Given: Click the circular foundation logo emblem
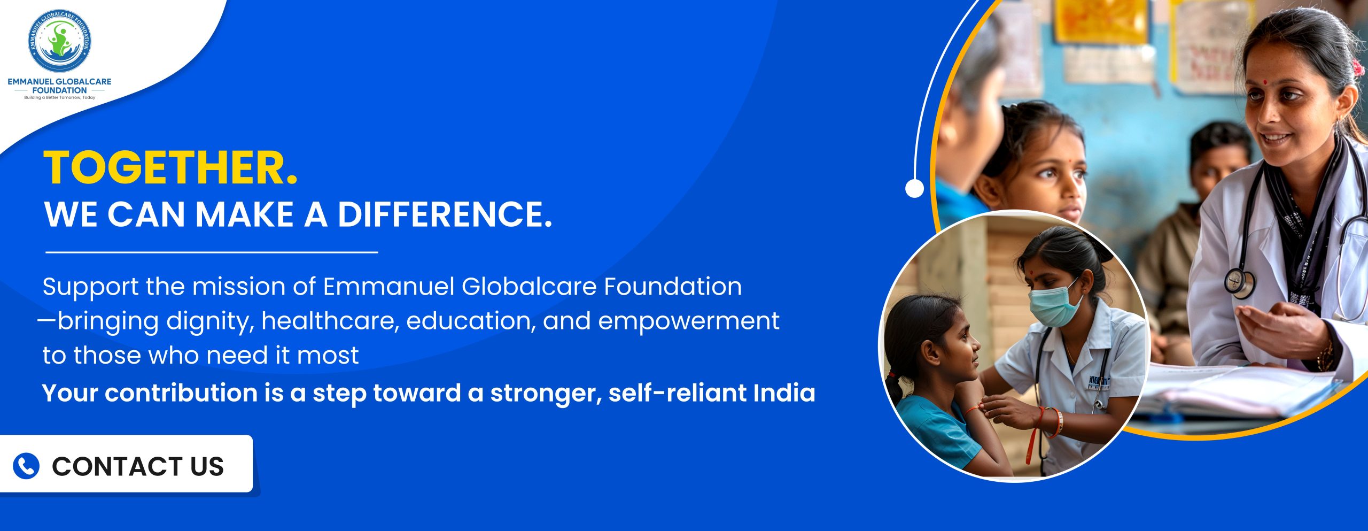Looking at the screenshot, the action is click(59, 41).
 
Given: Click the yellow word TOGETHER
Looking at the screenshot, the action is click(170, 168).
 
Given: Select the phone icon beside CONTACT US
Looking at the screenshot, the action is click(26, 466).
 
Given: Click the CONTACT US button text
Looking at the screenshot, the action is click(138, 466).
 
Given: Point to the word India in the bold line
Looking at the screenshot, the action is click(784, 393).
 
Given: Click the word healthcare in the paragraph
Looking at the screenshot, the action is click(330, 321).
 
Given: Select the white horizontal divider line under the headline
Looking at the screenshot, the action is click(212, 252).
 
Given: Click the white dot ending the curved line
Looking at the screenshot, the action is click(914, 188).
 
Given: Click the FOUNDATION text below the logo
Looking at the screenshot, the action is click(59, 90).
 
